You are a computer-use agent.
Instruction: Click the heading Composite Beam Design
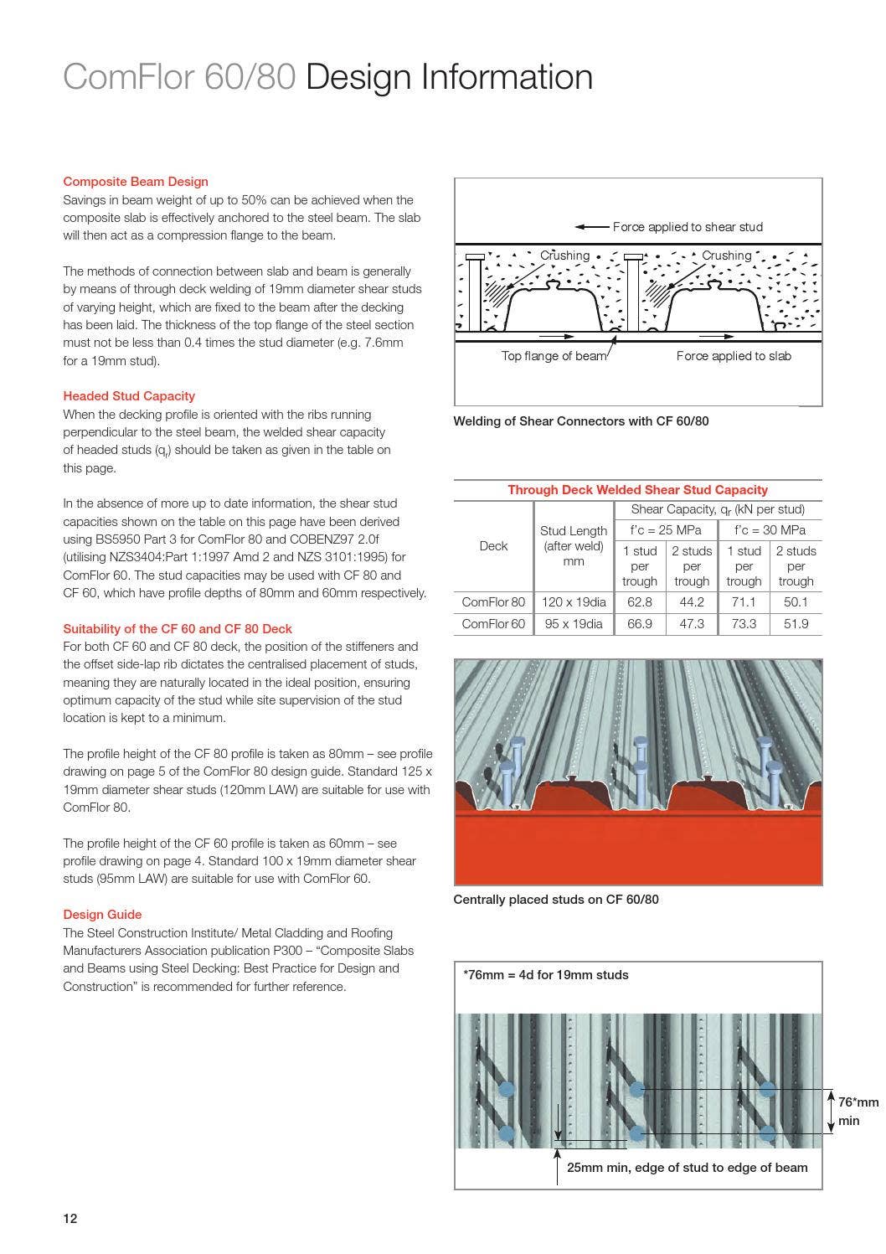[136, 181]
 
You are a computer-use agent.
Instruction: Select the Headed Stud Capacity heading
[129, 395]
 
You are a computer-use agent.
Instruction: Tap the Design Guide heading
[102, 914]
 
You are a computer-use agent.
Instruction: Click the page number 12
[70, 1218]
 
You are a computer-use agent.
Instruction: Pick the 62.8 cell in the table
[639, 601]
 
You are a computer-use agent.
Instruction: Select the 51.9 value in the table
[795, 623]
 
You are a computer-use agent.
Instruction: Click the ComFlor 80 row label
[493, 601]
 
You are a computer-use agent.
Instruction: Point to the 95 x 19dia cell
[573, 623]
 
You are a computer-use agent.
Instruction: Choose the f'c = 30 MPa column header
[769, 529]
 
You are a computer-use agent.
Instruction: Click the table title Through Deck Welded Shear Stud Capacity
[637, 489]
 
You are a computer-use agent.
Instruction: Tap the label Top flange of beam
[554, 356]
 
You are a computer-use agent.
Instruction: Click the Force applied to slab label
[733, 356]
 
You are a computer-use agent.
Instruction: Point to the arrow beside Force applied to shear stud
[591, 227]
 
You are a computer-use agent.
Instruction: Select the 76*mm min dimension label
[858, 1111]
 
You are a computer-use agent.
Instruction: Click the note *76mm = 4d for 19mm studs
[545, 974]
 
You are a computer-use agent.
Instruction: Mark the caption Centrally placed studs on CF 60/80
[555, 900]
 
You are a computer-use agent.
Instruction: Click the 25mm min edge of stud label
[687, 1167]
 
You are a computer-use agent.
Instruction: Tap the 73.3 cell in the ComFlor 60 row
[743, 623]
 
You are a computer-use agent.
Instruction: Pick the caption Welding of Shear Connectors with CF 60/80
[580, 421]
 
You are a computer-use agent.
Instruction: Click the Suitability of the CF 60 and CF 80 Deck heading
[178, 628]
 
